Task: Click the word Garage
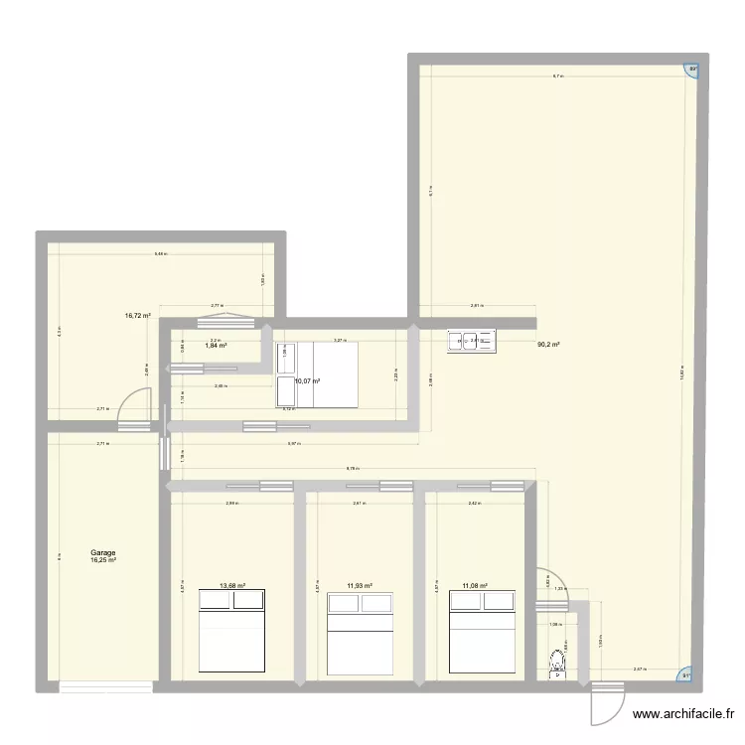tap(102, 553)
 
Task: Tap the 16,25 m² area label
tap(103, 561)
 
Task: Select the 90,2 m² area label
tap(548, 346)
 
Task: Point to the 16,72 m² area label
tap(137, 316)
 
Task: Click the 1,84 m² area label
tap(216, 347)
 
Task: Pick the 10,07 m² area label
tap(307, 380)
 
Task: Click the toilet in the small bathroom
tap(556, 661)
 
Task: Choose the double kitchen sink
tap(475, 342)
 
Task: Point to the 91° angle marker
tap(684, 677)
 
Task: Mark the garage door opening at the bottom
tap(104, 685)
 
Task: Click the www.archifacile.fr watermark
tap(684, 713)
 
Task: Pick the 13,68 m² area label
tap(232, 586)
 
